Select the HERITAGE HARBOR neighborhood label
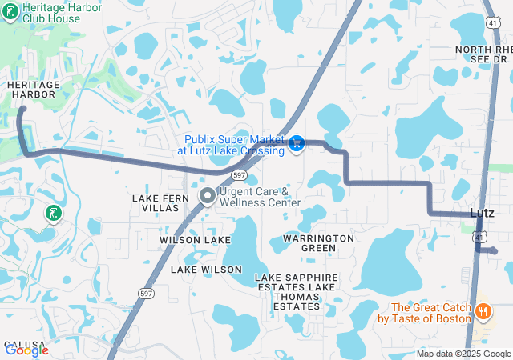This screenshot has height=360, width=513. click(x=32, y=89)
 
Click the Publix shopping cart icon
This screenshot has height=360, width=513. click(x=297, y=143)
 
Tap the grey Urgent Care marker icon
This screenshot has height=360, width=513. click(x=207, y=195)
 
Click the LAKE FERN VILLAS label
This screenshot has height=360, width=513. click(x=160, y=202)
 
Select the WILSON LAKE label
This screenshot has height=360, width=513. click(x=195, y=239)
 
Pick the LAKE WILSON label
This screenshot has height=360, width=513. click(x=205, y=270)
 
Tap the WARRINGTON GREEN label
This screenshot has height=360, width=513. click(x=318, y=243)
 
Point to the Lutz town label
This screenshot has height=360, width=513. click(x=482, y=212)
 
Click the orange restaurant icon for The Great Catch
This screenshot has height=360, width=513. click(x=483, y=311)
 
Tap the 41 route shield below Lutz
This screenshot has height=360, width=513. click(x=478, y=237)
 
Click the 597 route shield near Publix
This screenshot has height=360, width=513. click(x=239, y=174)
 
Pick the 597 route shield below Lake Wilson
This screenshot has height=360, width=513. click(x=146, y=294)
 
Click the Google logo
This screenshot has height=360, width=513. click(x=26, y=350)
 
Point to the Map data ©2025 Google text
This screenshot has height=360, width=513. click(x=463, y=354)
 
